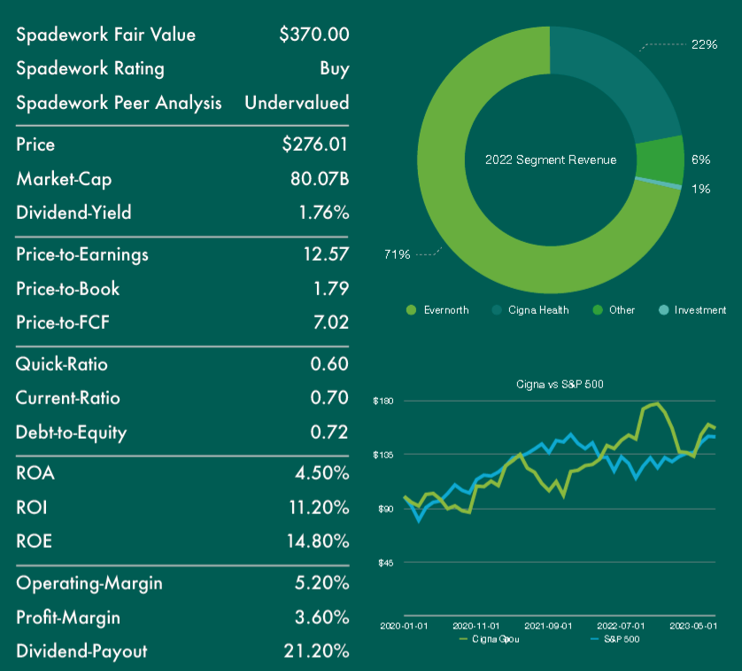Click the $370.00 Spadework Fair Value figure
[313, 35]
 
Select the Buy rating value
[335, 69]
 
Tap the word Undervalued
[297, 103]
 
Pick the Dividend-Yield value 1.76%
[321, 213]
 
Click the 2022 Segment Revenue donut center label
[551, 160]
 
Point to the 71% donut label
[396, 255]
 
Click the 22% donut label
[704, 43]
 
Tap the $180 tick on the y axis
[382, 402]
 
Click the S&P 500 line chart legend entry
[621, 638]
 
